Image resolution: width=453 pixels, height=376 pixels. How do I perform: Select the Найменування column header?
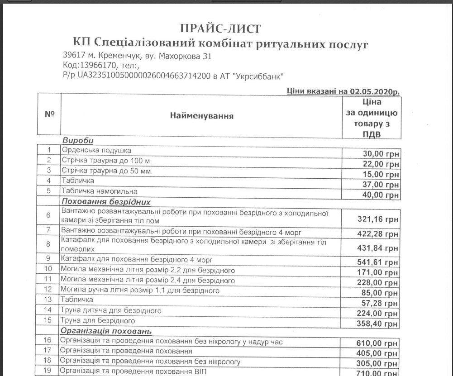click(x=201, y=116)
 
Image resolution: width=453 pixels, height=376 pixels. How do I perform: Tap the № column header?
click(x=50, y=114)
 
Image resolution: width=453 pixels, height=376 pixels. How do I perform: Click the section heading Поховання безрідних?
click(x=105, y=202)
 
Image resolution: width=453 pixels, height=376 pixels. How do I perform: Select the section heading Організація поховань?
click(x=106, y=331)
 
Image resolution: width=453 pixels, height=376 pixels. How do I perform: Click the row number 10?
click(x=49, y=270)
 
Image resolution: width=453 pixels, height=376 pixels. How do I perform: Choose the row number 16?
click(x=49, y=341)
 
